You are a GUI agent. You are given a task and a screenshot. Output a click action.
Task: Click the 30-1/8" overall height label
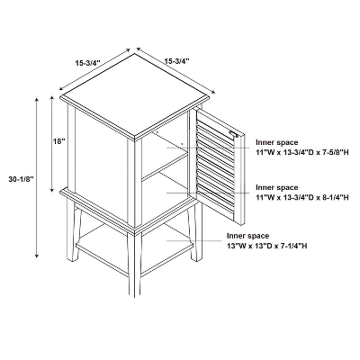[21, 179]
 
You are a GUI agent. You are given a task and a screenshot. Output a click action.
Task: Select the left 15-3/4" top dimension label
[87, 63]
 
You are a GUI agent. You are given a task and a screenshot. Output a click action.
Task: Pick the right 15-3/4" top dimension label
[176, 61]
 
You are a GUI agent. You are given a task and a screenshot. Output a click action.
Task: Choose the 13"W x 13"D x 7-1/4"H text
[267, 246]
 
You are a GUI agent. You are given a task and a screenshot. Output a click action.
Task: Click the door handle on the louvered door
[234, 134]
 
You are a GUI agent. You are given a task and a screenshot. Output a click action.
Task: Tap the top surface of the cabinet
[134, 94]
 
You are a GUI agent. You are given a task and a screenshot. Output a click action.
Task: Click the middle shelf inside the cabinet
[165, 166]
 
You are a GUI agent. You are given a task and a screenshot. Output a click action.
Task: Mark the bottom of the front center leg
[138, 294]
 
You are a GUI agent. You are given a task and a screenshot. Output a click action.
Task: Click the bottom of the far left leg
[72, 258]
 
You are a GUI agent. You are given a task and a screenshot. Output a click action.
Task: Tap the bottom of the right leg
[197, 258]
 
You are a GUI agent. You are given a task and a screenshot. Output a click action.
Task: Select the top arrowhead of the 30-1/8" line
[37, 100]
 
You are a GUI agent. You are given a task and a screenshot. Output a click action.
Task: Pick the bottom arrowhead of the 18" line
[52, 190]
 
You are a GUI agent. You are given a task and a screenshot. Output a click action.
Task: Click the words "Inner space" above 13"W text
[247, 236]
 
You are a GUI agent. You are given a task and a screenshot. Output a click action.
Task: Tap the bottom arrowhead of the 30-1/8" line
[37, 256]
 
